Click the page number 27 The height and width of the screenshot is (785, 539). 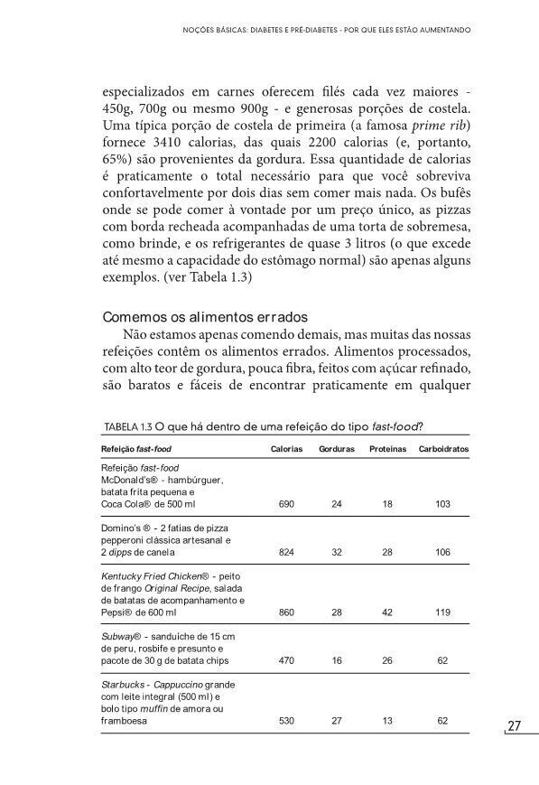pos(516,726)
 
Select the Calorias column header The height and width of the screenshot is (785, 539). pos(286,449)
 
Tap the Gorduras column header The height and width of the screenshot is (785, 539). pos(337,449)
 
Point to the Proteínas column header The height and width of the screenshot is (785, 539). pos(387,449)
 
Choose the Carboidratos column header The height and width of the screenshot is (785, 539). pos(443,449)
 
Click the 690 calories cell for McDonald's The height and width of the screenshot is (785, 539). pos(286,503)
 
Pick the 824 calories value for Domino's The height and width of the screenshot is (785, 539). pos(286,552)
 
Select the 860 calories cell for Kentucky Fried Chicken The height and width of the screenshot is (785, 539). pos(286,612)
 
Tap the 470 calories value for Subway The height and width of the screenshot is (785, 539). pos(286,661)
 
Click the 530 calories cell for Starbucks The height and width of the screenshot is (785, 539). pos(286,721)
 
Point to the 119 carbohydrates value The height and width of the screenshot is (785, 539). pos(442,612)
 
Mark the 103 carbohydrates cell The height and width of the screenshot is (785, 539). pos(442,503)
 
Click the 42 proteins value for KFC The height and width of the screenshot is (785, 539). pos(387,612)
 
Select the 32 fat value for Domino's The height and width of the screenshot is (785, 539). pos(337,552)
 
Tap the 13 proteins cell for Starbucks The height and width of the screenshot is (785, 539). pos(387,721)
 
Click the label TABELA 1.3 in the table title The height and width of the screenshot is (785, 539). pos(127,426)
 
